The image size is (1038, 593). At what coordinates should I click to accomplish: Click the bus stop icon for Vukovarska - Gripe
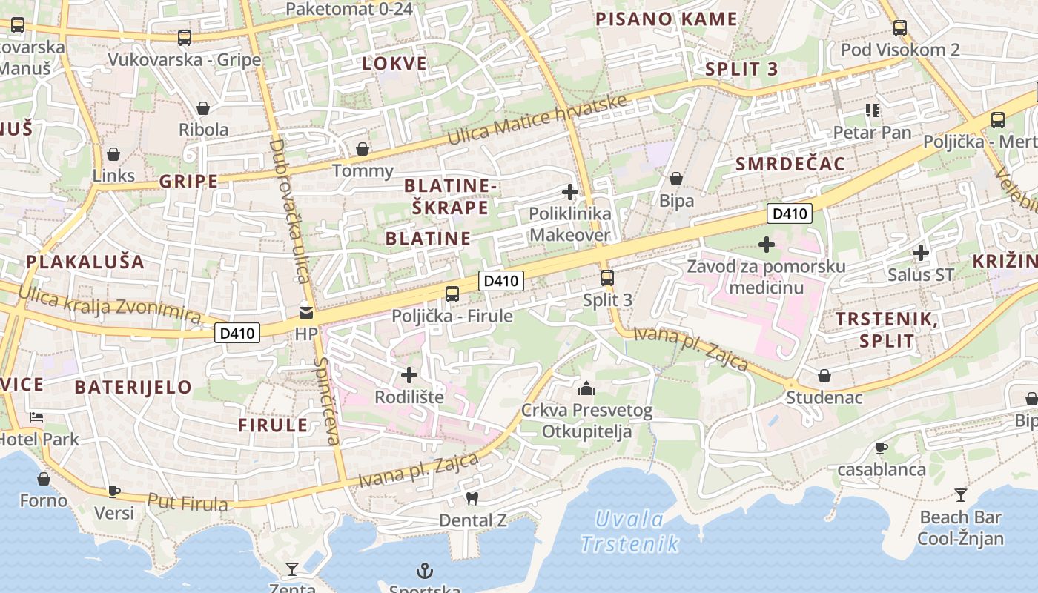pos(185,37)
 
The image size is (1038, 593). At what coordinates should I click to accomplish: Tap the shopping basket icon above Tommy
pos(363,149)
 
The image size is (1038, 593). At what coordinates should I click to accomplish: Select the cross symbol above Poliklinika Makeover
pos(569,193)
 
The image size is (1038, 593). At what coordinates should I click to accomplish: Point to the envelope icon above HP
pos(306,312)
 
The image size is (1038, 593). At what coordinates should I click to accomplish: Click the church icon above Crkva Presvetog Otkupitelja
pos(586,388)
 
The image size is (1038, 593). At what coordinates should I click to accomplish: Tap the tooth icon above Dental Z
pos(472,498)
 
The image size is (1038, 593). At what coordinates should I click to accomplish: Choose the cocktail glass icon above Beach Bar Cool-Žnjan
pos(961,495)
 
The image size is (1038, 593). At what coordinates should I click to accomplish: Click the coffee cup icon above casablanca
pos(882,448)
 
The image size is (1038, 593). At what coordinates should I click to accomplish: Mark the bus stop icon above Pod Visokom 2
pos(900,28)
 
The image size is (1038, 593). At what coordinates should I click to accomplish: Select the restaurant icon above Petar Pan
pos(872,110)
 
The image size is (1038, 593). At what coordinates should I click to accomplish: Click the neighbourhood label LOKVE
pos(394,64)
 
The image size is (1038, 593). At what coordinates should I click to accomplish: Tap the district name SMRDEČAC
pos(790,165)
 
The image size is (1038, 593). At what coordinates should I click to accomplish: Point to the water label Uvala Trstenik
pos(629,531)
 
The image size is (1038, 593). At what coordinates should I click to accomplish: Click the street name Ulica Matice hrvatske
pos(537,121)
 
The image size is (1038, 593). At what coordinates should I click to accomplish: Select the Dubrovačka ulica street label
pos(289,211)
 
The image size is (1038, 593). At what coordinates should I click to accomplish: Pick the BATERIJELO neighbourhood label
pos(133,387)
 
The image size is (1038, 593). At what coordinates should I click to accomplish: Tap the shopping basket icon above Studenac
pos(824,376)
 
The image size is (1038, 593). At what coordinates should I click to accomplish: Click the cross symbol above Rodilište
pos(409,375)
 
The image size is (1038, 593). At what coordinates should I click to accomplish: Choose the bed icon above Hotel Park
pos(36,417)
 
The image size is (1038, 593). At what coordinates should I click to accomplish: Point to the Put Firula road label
pos(188,503)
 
